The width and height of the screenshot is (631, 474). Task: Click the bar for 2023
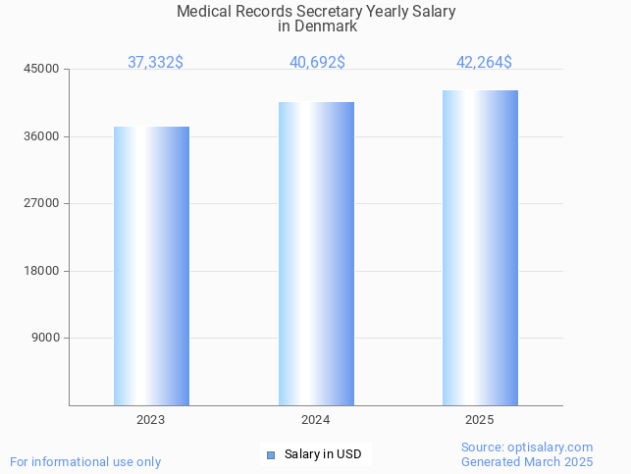pos(151,266)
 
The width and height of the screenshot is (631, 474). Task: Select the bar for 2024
pos(316,253)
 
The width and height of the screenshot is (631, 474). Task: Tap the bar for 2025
pos(480,247)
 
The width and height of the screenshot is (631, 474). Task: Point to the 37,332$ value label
pos(155,63)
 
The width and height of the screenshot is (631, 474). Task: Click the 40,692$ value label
pos(317,63)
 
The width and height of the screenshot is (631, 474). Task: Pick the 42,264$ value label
pos(484,63)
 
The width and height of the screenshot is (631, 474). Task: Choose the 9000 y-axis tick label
pos(46,338)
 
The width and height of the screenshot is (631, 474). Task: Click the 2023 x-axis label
pos(151,420)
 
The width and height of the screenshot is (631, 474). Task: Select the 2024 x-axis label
pos(316,420)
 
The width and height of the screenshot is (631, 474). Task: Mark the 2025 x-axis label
pos(480,420)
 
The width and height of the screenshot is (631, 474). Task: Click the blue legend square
pos(271,454)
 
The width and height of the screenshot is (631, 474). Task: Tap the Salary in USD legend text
pos(323,454)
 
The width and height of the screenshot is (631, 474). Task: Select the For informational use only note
pos(85,462)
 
